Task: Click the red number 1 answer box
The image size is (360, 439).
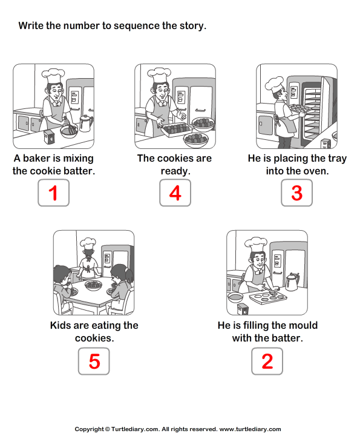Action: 53,193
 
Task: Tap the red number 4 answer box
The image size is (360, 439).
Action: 175,193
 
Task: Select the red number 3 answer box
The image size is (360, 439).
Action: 296,193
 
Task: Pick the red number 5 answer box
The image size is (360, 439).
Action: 94,361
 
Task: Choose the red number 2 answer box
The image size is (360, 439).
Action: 267,361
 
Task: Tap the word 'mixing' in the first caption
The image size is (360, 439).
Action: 78,159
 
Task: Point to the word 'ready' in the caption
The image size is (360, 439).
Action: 175,171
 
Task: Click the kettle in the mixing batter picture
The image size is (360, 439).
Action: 85,123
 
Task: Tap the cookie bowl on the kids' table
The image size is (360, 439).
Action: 94,284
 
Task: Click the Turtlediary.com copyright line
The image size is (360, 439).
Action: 180,429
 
